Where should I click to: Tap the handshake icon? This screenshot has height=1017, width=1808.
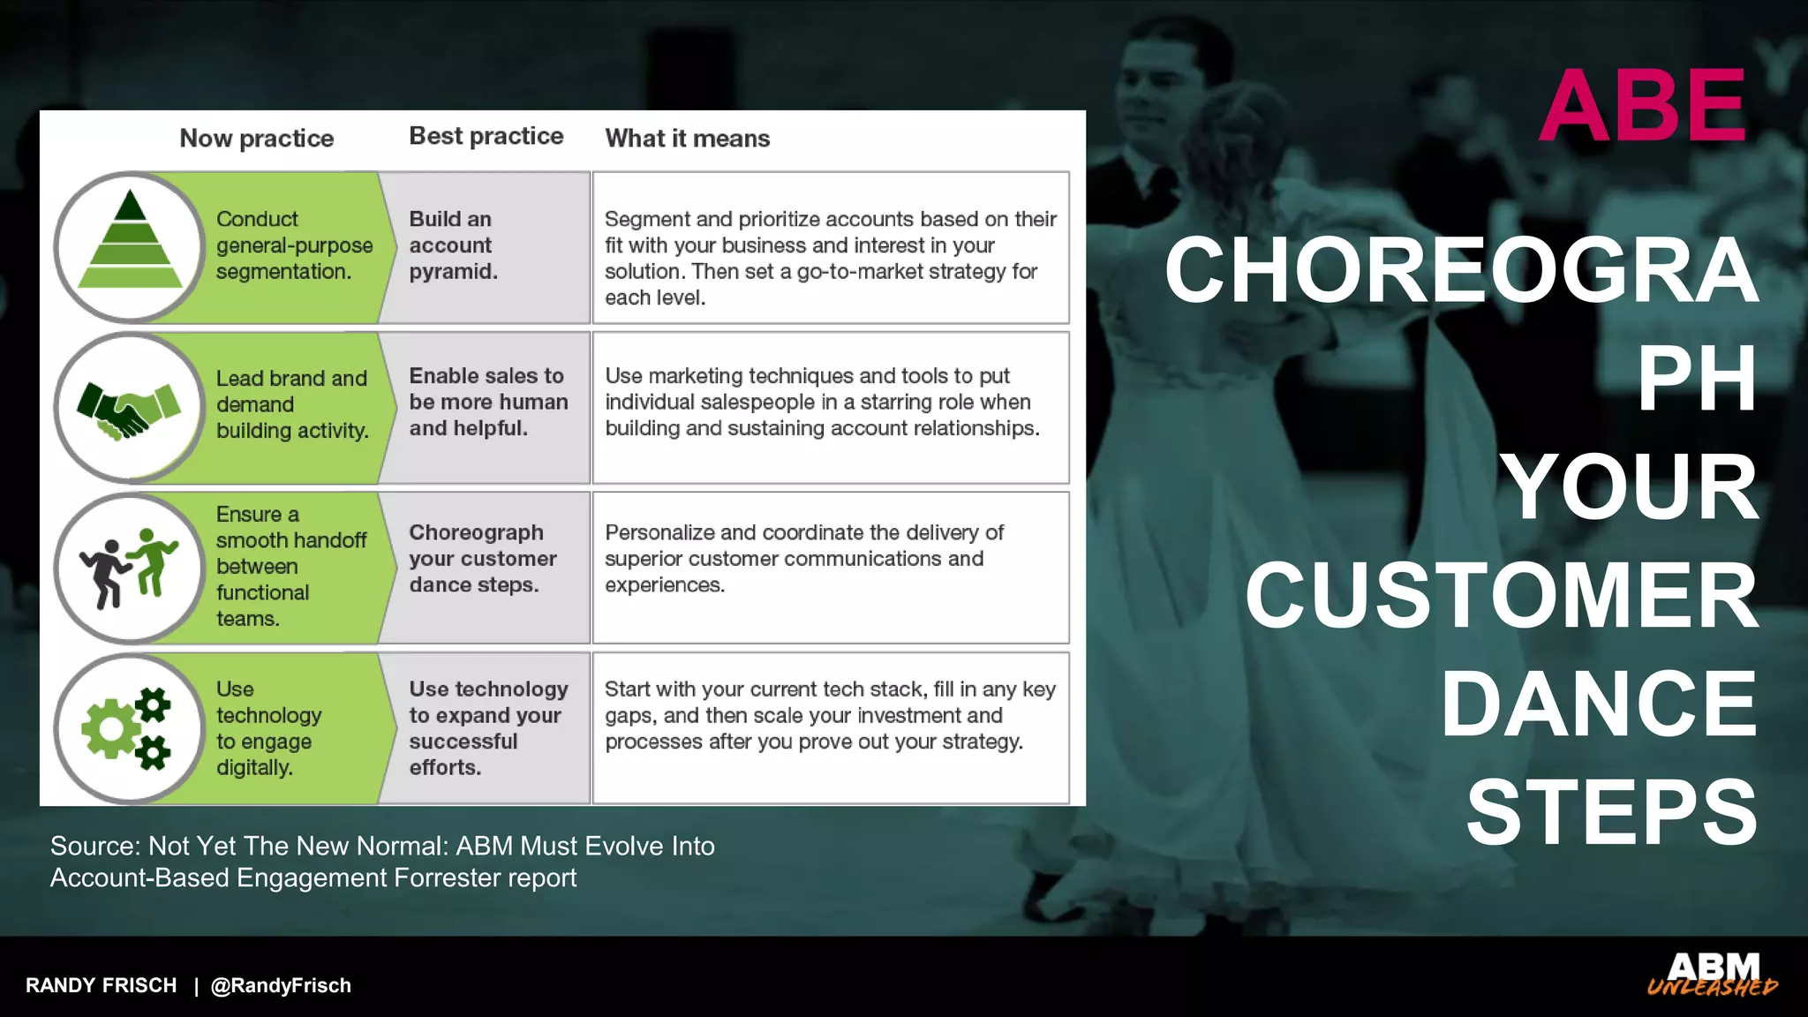(129, 410)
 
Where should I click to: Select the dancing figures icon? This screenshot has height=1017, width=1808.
(130, 569)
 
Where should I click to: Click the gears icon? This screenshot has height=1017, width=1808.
(128, 728)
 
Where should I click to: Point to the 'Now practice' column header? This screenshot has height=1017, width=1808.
(256, 139)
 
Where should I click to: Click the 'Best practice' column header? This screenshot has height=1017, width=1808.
(486, 136)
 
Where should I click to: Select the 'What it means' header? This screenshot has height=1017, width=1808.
(687, 139)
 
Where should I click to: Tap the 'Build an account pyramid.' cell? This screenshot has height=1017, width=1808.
(453, 245)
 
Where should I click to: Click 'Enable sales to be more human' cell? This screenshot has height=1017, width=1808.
(487, 403)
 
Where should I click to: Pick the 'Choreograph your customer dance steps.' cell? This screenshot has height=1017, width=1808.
(482, 559)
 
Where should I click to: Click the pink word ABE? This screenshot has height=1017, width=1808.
(1642, 106)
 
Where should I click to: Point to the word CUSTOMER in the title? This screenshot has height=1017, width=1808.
(1501, 597)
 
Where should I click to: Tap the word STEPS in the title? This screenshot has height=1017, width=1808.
(1611, 813)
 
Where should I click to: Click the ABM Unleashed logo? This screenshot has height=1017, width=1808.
(1712, 975)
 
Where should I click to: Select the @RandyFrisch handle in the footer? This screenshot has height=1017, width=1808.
(281, 985)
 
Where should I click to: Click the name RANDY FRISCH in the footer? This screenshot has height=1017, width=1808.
(101, 985)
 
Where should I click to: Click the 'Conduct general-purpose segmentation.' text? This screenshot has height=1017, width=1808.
(293, 245)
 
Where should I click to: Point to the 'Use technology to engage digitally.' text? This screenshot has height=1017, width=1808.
(268, 728)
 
